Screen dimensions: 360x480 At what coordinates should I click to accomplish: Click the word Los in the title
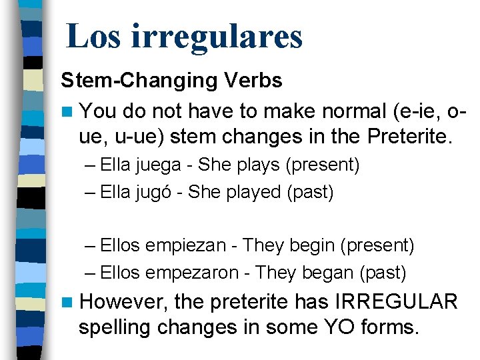(x=93, y=36)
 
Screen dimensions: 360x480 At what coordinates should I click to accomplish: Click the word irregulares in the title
(x=217, y=36)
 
